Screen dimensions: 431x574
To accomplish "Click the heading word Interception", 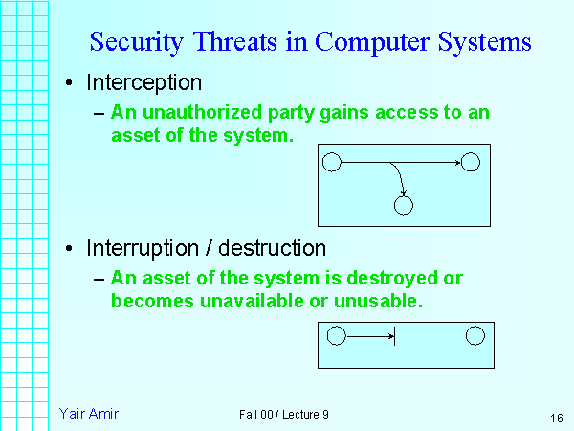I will pos(144,83).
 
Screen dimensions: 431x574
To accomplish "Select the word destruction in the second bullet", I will pos(273,249).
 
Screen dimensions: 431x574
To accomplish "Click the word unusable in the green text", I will pos(383,300).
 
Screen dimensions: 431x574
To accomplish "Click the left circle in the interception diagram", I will pos(332,162).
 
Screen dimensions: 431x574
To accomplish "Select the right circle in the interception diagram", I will pos(470,162).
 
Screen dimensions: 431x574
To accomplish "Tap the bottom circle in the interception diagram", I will pos(403,205).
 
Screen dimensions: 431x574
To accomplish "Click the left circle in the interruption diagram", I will pos(336,336).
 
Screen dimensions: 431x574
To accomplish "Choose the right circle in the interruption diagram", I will pos(475,336).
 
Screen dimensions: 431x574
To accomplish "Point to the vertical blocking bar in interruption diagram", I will pos(395,336).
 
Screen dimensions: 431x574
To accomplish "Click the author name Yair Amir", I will pos(89,413).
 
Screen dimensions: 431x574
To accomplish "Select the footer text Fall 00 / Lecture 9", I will pos(284,414).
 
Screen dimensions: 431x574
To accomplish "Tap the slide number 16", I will pos(556,418).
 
